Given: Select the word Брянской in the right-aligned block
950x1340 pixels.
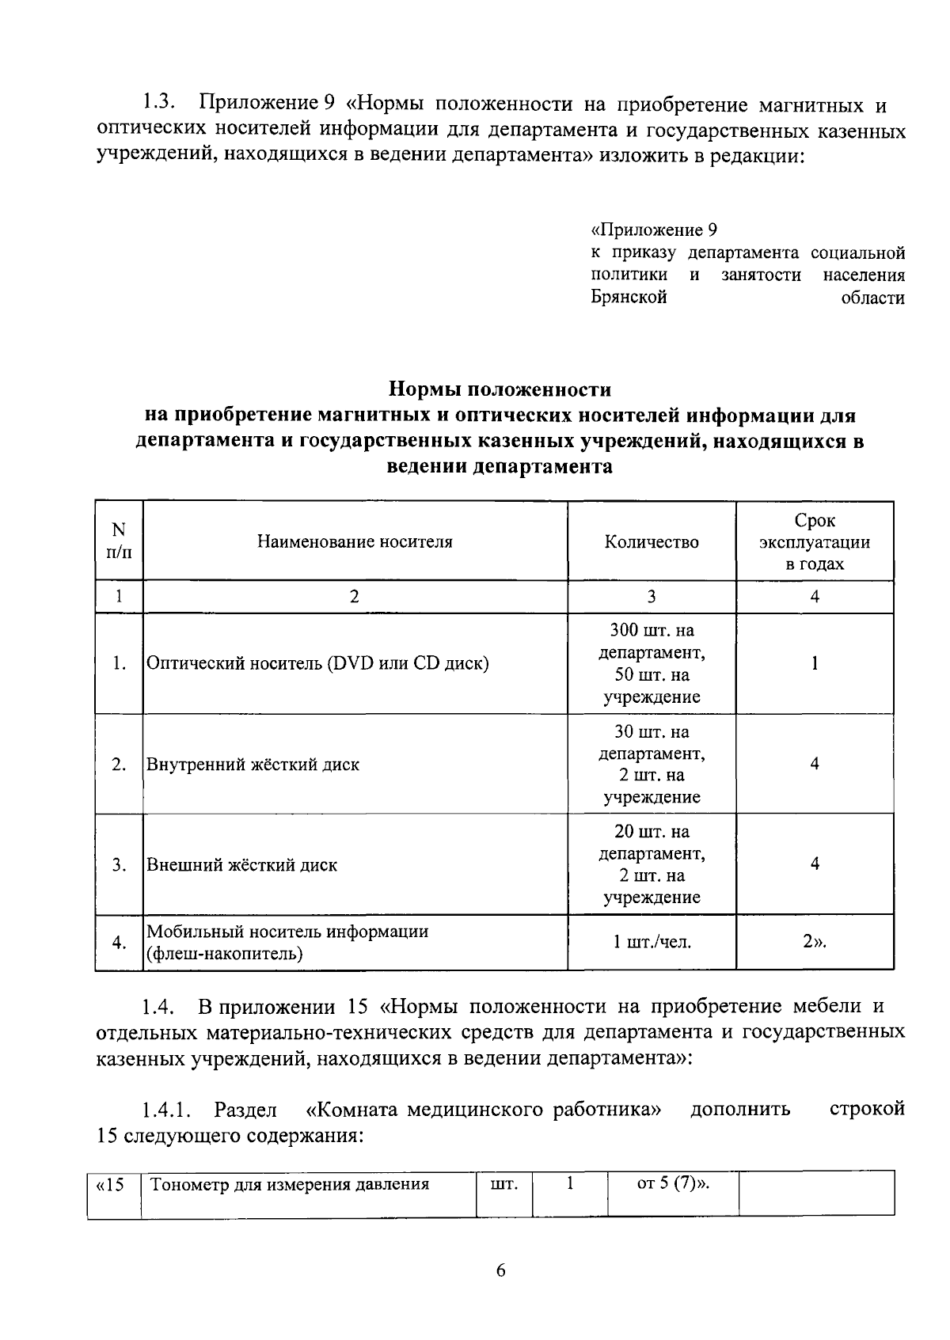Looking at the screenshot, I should click(629, 298).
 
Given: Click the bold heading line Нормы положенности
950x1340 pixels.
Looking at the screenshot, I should click(500, 389).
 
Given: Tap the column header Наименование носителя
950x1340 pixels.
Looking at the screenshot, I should click(355, 541).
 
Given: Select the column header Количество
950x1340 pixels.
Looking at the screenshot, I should click(652, 542).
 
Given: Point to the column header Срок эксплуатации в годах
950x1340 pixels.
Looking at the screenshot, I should click(815, 542).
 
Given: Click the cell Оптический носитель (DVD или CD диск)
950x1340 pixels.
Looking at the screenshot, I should click(317, 663).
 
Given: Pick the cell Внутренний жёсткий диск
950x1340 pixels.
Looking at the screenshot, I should click(253, 765).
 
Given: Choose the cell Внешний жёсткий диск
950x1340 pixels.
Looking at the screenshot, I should click(241, 865).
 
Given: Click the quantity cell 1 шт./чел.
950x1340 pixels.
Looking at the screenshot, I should click(652, 943).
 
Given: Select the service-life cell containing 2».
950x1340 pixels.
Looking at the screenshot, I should click(815, 942).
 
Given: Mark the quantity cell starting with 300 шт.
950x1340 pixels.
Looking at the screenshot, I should click(652, 663).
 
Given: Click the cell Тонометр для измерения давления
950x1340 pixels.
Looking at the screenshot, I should click(290, 1185).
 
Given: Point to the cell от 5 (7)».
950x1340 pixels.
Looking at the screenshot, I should click(672, 1185).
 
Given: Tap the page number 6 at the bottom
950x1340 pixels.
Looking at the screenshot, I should click(500, 1272).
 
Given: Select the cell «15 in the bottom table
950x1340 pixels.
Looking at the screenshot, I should click(111, 1186).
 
